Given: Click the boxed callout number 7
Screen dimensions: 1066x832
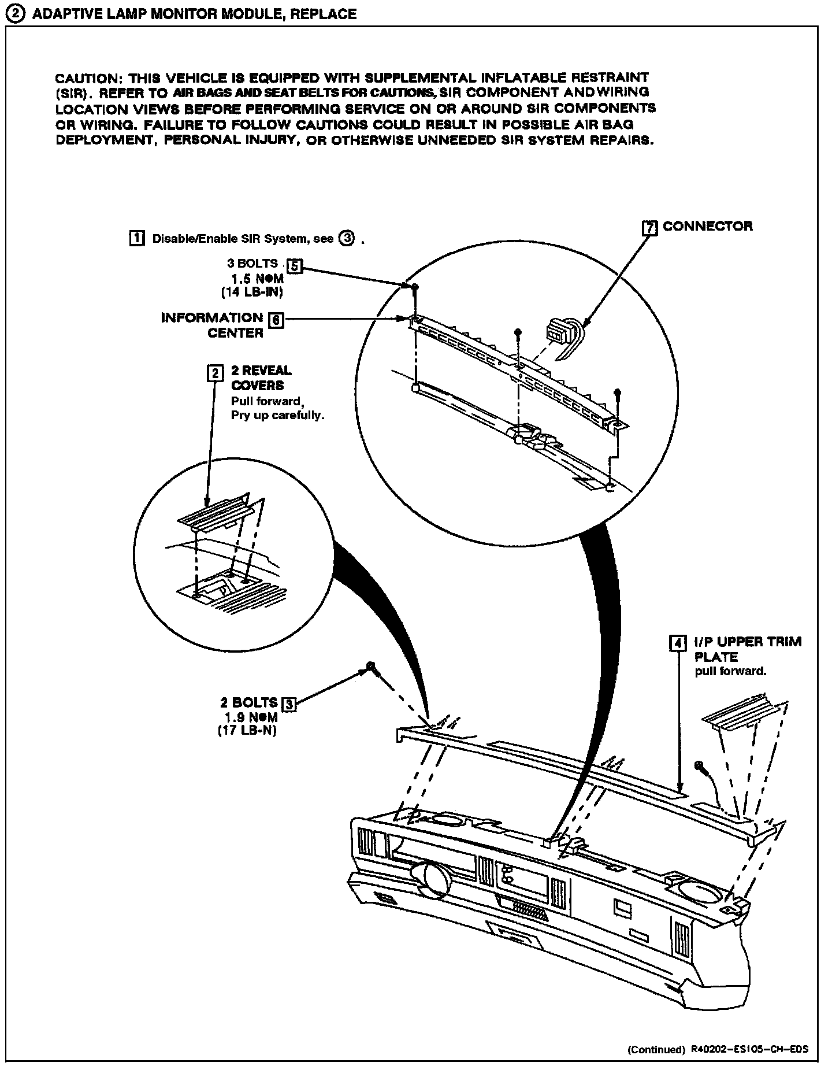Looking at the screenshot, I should pos(650,228).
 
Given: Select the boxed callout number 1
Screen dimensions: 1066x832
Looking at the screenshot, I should pos(136,238).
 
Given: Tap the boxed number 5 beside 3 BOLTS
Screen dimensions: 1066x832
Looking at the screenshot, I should pos(295,266).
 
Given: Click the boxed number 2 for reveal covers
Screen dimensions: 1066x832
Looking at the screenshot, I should pos(214,373).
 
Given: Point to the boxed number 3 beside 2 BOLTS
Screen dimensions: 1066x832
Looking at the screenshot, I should pos(288,704).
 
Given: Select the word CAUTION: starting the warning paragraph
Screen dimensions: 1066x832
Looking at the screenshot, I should pos(86,78).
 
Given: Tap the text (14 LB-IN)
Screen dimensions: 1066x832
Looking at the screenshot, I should pos(252,293).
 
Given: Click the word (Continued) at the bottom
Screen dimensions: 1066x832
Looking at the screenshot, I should pos(655,1049).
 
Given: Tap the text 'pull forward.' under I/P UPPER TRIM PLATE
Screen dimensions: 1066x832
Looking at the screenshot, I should pos(730,671).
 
